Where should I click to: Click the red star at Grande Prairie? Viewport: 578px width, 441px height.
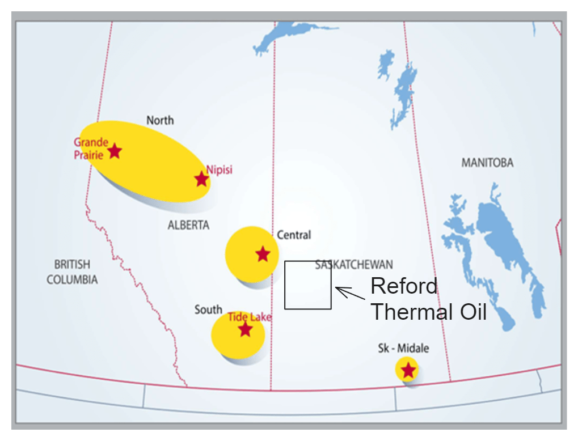[x=115, y=151]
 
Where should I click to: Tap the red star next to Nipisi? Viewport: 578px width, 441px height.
[x=201, y=179]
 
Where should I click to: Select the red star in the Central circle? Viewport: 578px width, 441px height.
[x=263, y=254]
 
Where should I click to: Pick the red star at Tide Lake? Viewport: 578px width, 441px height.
[x=245, y=329]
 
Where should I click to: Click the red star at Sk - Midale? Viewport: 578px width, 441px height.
[x=408, y=371]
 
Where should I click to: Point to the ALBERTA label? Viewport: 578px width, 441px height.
[x=188, y=225]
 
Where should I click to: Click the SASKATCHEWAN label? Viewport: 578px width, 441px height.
[x=354, y=265]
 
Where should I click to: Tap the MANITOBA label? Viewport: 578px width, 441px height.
[x=487, y=163]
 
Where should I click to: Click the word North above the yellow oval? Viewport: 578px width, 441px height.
[x=160, y=120]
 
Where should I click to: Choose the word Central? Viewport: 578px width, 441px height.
[x=294, y=235]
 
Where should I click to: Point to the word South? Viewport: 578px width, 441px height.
[x=208, y=309]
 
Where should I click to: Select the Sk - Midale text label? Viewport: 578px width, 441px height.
[x=403, y=348]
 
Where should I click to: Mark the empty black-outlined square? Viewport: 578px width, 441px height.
[x=308, y=285]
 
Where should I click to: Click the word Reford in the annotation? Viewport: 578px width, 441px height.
[x=404, y=286]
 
